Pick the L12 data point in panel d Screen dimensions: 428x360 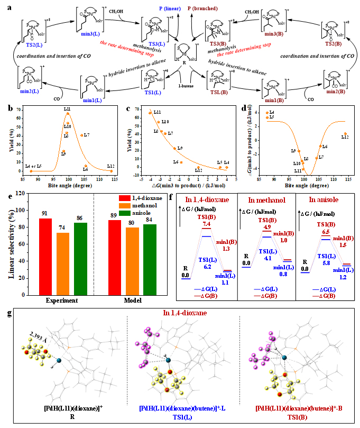[x=345, y=134]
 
